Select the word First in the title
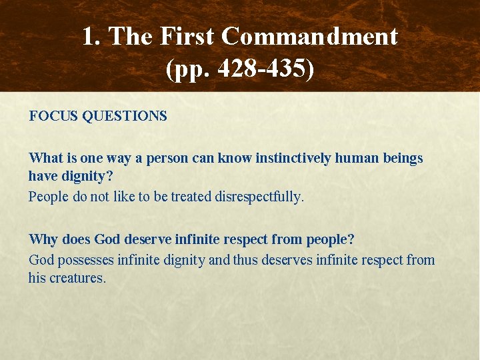[x=189, y=37]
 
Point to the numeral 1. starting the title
[x=92, y=37]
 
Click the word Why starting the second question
[x=41, y=239]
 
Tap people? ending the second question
[x=329, y=239]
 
